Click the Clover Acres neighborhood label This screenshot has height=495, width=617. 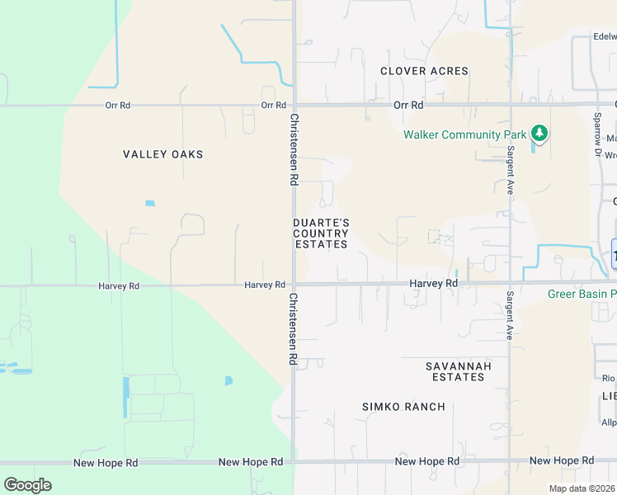(424, 71)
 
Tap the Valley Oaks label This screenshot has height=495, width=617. (162, 154)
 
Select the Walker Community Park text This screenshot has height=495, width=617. (464, 134)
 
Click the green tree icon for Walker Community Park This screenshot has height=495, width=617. (539, 133)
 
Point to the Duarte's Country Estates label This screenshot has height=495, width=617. (321, 233)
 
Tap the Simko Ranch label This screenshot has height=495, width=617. (403, 407)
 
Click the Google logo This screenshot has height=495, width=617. (27, 485)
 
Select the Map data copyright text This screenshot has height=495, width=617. (582, 488)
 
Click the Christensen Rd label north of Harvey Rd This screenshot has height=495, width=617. (293, 149)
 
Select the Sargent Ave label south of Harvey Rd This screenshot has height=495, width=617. (511, 315)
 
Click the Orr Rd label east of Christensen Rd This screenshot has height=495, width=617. (408, 106)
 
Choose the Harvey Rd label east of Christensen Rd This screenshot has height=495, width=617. (434, 284)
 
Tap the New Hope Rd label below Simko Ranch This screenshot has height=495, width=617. (427, 461)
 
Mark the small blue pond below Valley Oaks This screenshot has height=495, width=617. (149, 203)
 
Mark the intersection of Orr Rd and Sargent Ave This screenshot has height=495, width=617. (511, 106)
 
